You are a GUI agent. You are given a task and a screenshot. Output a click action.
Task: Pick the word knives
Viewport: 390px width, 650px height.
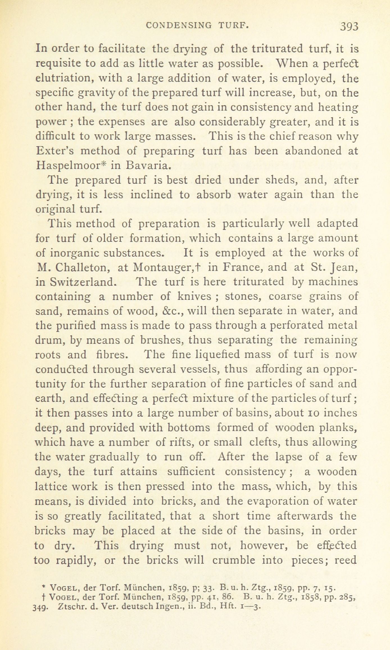(194, 296)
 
